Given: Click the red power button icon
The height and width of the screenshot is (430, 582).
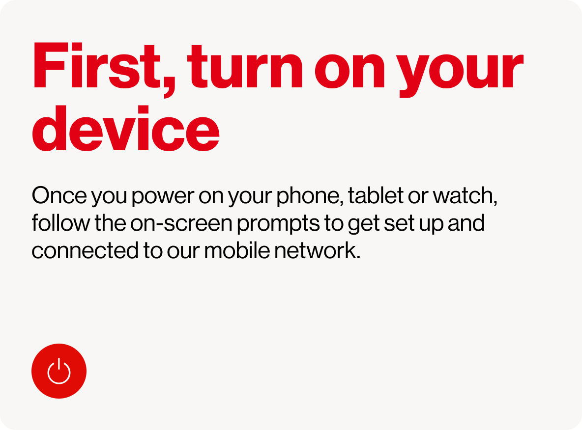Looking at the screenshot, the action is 59,371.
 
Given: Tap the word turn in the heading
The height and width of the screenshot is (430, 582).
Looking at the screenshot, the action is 245,67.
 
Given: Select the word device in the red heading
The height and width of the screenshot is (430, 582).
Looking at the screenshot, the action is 126,128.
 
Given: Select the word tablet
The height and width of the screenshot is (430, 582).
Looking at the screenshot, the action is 376,195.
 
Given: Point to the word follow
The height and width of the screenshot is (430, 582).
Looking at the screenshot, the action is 61,223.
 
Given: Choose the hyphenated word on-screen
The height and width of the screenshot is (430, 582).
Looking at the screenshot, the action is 181,223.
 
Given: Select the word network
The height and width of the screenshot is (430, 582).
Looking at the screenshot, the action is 316,250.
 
